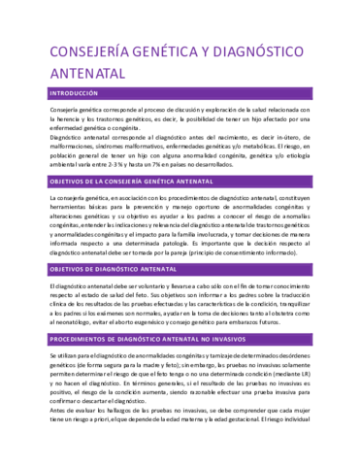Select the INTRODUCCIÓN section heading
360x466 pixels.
(x=73, y=93)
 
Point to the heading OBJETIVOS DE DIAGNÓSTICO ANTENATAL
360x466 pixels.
(x=117, y=268)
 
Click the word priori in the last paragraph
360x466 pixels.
(x=93, y=459)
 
